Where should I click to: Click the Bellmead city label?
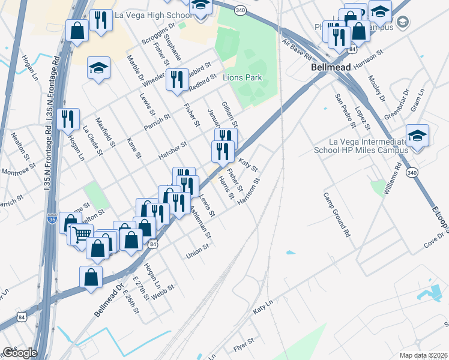click(x=330, y=68)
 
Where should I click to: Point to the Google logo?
click(x=20, y=353)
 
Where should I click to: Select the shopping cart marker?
click(x=82, y=234)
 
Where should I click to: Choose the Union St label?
click(x=197, y=251)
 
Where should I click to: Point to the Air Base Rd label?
click(x=297, y=50)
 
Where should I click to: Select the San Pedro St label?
click(x=345, y=110)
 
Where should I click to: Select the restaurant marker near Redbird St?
click(x=176, y=81)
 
